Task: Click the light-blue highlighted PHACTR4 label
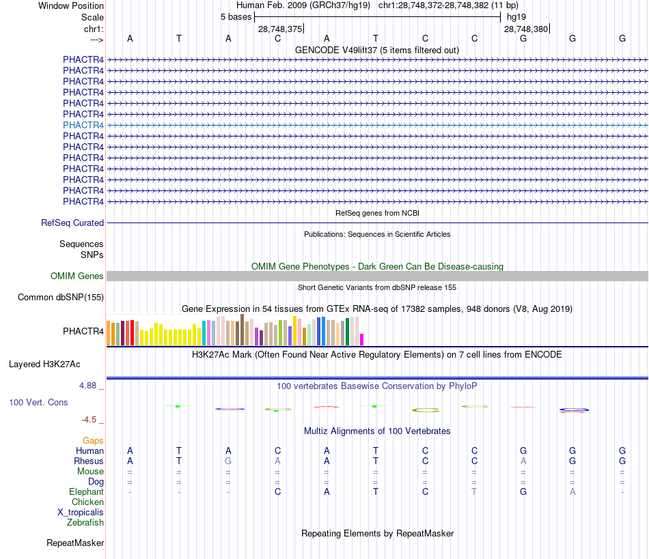(83, 125)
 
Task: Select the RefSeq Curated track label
(72, 223)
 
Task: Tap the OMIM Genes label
(77, 276)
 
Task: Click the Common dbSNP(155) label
(61, 297)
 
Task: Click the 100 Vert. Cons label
(38, 402)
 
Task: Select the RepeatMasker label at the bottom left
(75, 543)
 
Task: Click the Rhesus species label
(89, 461)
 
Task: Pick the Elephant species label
(86, 491)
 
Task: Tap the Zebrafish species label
(85, 522)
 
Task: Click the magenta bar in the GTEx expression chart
(362, 339)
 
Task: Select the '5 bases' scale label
(236, 16)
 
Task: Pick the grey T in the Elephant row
(474, 491)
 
